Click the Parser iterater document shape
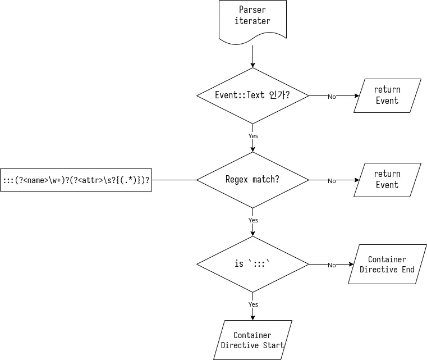point(252,22)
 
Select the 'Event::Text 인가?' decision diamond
point(252,95)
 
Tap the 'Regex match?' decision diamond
point(252,180)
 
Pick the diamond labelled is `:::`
point(252,264)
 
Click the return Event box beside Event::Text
point(387,95)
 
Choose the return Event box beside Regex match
point(387,180)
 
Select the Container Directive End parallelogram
point(387,264)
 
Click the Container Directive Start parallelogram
point(252,340)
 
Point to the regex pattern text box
point(76,180)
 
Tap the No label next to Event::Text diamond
point(332,97)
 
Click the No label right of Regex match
point(332,181)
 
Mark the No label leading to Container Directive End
point(332,265)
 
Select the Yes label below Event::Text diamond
point(253,136)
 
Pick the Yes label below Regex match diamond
point(253,220)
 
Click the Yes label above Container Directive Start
point(253,304)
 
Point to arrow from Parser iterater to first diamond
point(252,56)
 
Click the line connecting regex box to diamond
point(175,180)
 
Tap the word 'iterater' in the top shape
point(252,21)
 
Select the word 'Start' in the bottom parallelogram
point(273,345)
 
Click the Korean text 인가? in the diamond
point(279,95)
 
